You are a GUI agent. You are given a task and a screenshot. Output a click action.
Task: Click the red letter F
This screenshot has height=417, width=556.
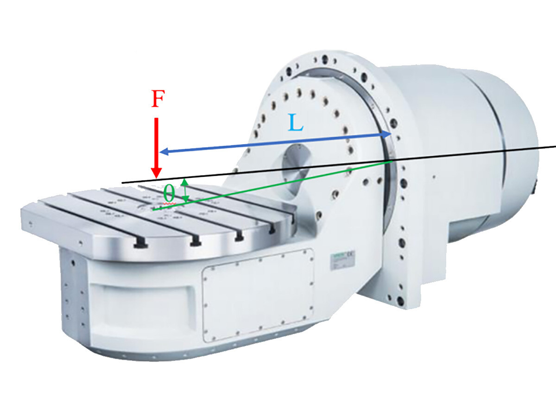[158, 100]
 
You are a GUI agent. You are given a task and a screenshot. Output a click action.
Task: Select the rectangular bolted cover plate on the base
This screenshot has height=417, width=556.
[258, 294]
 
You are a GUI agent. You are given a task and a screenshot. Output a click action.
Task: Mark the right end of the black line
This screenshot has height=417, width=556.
[555, 147]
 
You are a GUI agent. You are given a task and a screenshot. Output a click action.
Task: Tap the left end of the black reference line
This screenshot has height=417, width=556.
[122, 182]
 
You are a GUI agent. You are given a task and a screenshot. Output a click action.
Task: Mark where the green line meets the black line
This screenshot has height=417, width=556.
[393, 161]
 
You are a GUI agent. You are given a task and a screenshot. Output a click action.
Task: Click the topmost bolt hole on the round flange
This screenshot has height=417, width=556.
[325, 60]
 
